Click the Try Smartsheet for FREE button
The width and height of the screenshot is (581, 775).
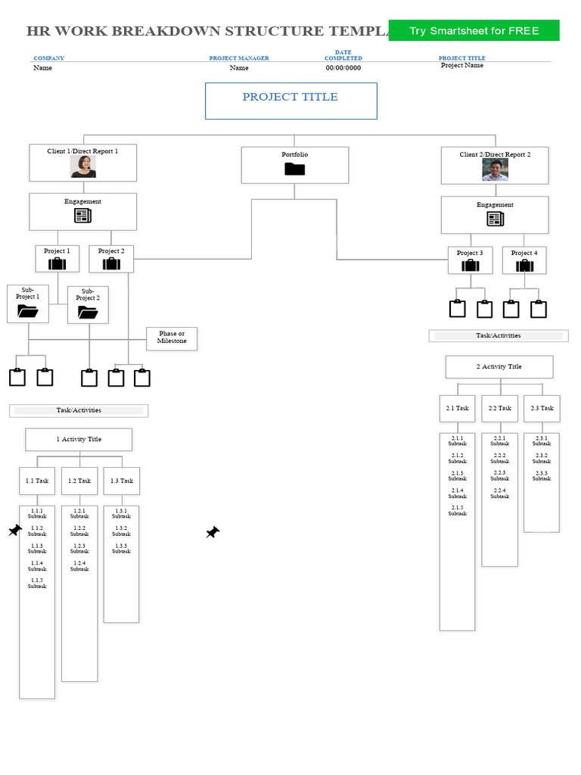(x=474, y=31)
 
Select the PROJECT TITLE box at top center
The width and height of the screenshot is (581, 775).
(x=290, y=101)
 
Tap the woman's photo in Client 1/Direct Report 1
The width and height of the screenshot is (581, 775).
(x=82, y=167)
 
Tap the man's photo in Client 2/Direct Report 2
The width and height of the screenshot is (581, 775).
(x=495, y=170)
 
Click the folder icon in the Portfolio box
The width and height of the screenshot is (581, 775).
(x=294, y=170)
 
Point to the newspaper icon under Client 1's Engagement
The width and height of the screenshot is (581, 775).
(x=82, y=216)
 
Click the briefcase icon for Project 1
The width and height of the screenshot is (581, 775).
(x=57, y=263)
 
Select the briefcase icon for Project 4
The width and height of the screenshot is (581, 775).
(x=524, y=266)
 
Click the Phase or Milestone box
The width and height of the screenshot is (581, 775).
(x=171, y=338)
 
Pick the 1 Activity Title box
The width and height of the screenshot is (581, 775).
(x=79, y=439)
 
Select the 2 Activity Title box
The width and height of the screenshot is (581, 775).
(x=499, y=366)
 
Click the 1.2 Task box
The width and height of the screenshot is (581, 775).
(x=79, y=481)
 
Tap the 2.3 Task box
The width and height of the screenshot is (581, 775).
(x=542, y=408)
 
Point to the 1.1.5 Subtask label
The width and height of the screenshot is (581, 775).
(x=37, y=583)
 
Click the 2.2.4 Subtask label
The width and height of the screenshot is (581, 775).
(x=499, y=493)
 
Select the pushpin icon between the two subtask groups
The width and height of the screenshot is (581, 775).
(x=213, y=533)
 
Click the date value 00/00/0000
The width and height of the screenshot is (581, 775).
(x=343, y=68)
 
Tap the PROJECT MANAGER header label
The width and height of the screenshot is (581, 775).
(x=238, y=58)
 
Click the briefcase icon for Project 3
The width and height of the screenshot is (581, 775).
(x=470, y=266)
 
